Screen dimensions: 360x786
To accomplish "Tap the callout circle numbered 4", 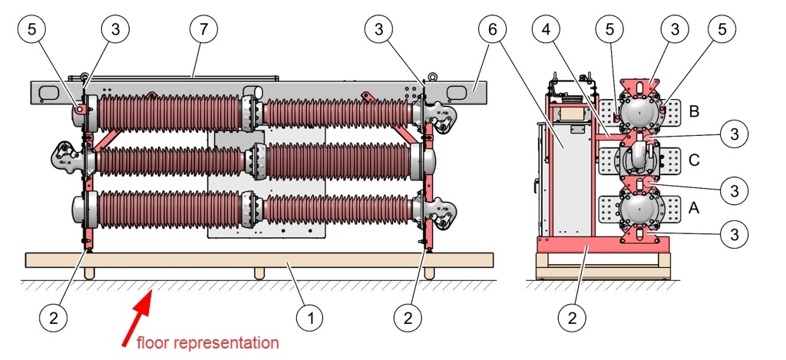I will click(x=546, y=30).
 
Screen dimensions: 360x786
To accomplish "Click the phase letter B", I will click(x=695, y=112).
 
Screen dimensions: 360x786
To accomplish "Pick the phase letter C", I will click(x=695, y=161).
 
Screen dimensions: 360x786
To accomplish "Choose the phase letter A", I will click(x=695, y=208).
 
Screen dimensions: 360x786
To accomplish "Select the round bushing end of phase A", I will click(x=640, y=207).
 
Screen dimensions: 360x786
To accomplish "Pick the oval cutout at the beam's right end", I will click(x=457, y=93).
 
